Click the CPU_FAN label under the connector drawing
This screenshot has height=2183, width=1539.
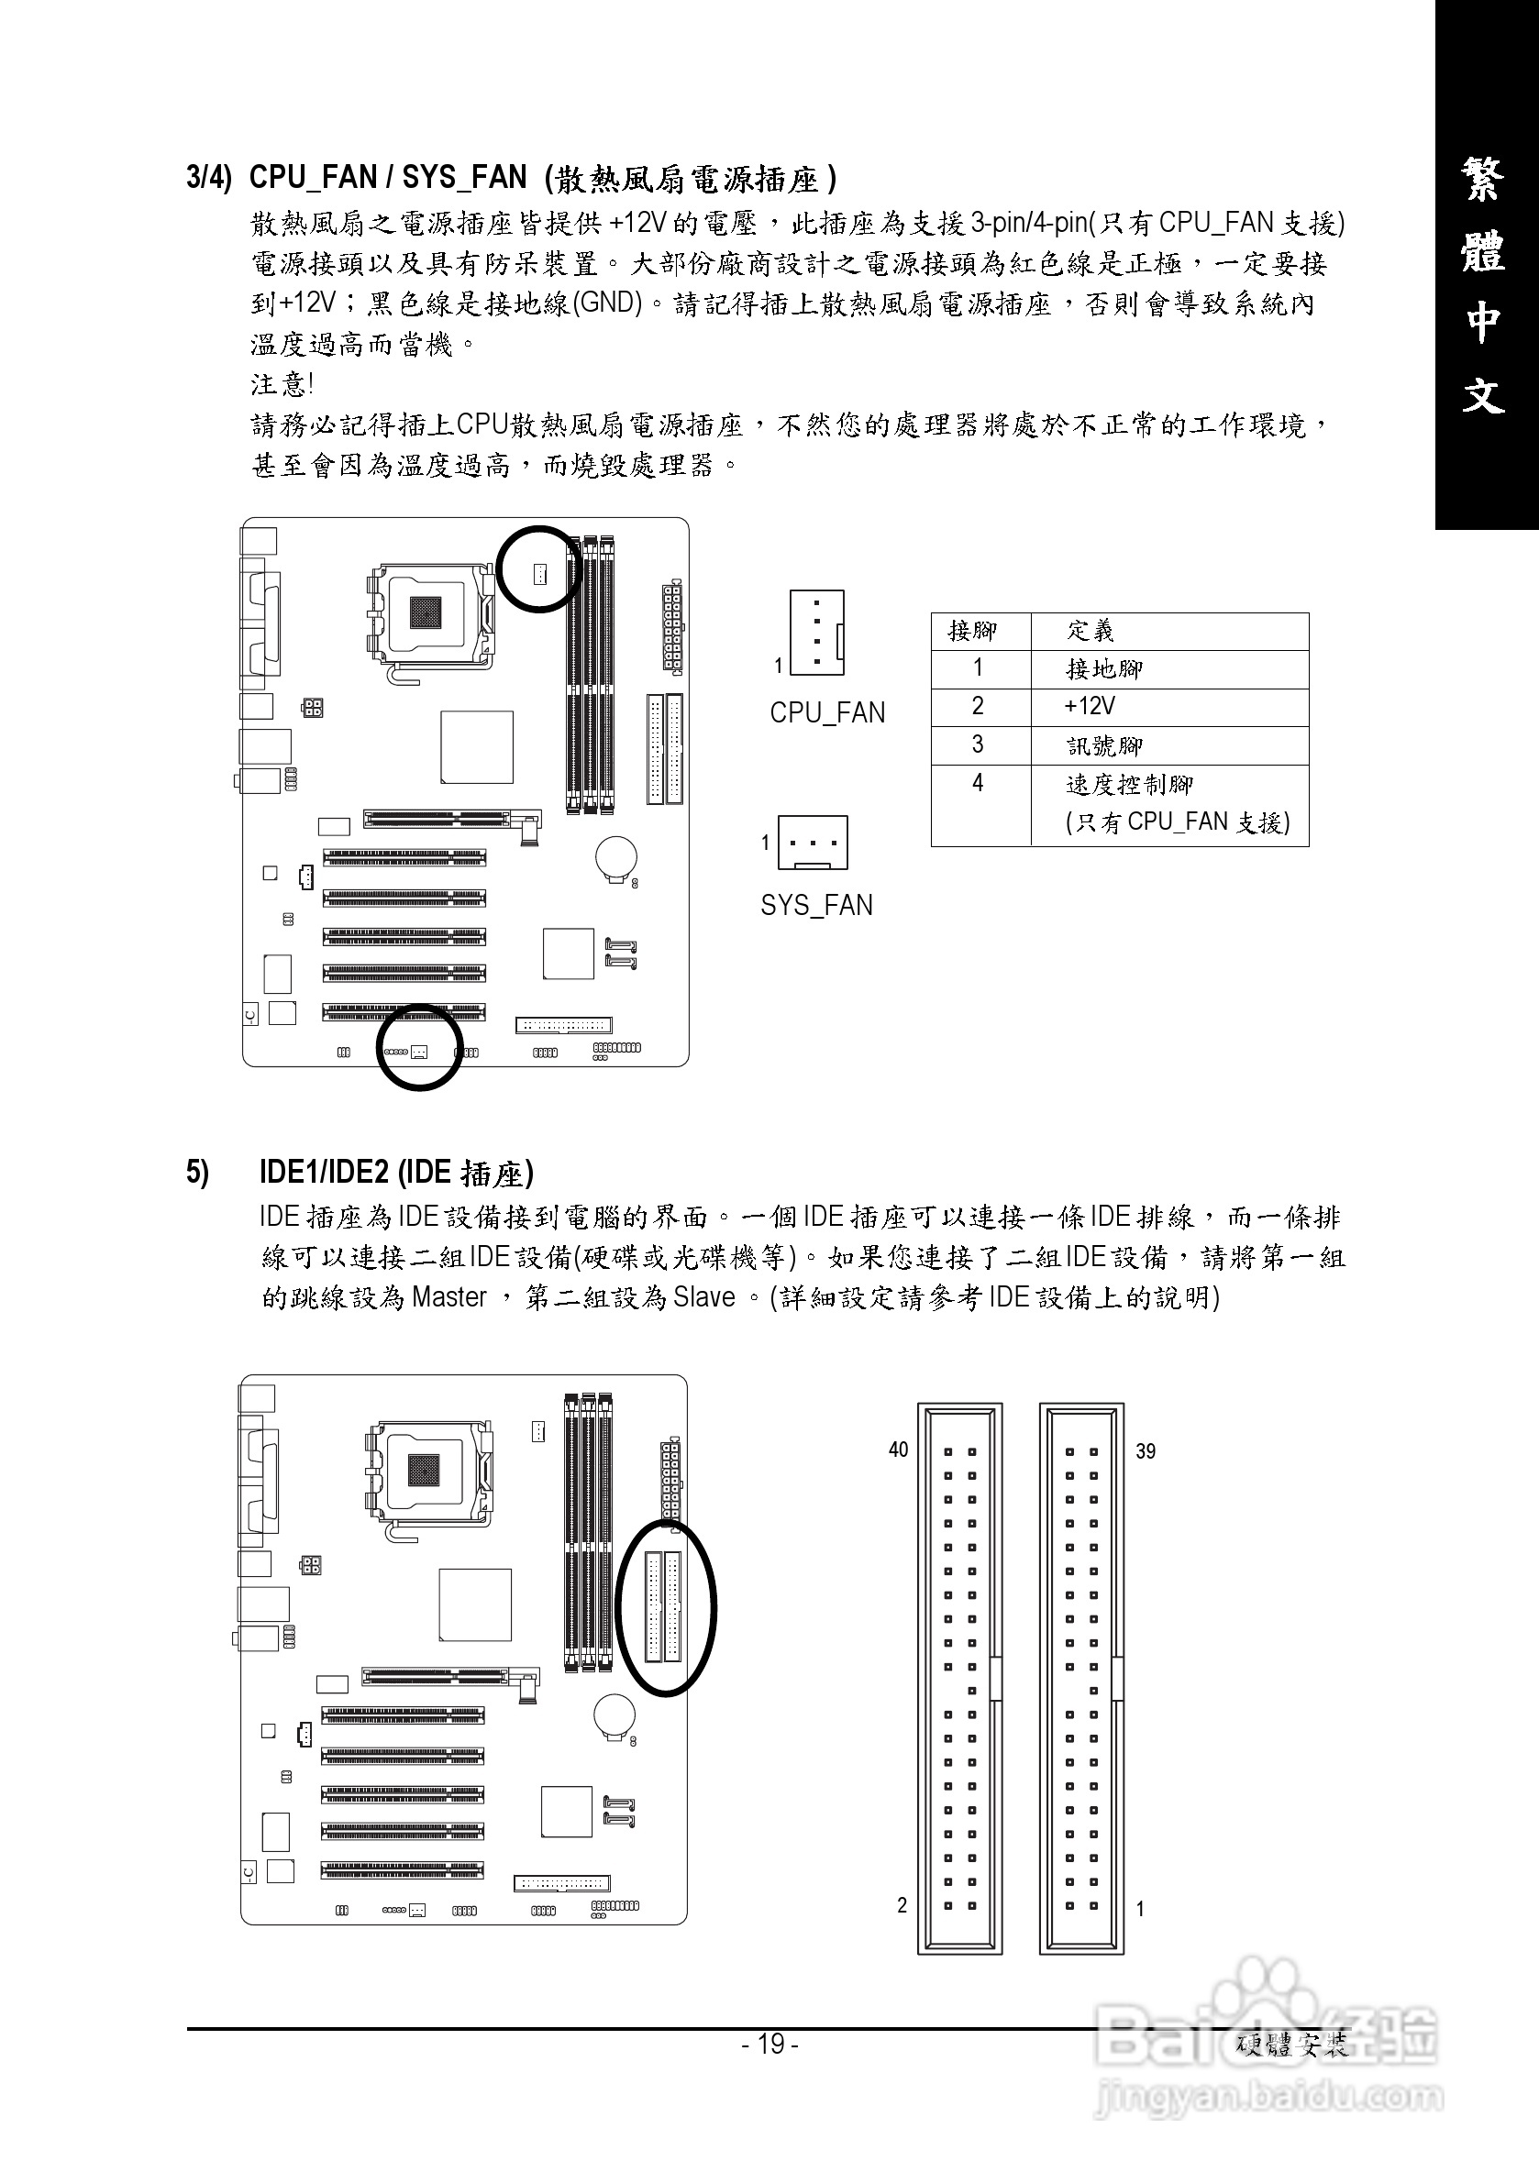point(827,712)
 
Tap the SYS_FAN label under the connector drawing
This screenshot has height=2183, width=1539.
point(816,904)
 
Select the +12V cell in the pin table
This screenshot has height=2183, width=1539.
point(1089,707)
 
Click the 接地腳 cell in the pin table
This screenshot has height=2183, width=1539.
point(1103,668)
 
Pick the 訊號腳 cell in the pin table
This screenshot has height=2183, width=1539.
point(1103,745)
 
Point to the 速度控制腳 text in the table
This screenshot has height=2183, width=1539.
point(1128,785)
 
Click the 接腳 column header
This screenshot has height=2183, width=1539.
point(972,631)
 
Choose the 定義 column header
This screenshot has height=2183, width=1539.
point(1089,631)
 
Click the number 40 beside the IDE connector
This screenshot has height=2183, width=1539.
point(898,1450)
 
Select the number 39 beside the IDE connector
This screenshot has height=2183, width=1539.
point(1146,1450)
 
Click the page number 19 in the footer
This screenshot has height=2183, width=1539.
point(769,2045)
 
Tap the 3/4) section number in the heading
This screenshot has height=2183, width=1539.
point(208,178)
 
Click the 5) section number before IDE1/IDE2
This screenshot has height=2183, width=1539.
point(197,1172)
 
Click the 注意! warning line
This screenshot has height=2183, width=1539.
point(282,384)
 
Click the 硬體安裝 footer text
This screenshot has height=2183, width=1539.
point(1291,2045)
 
